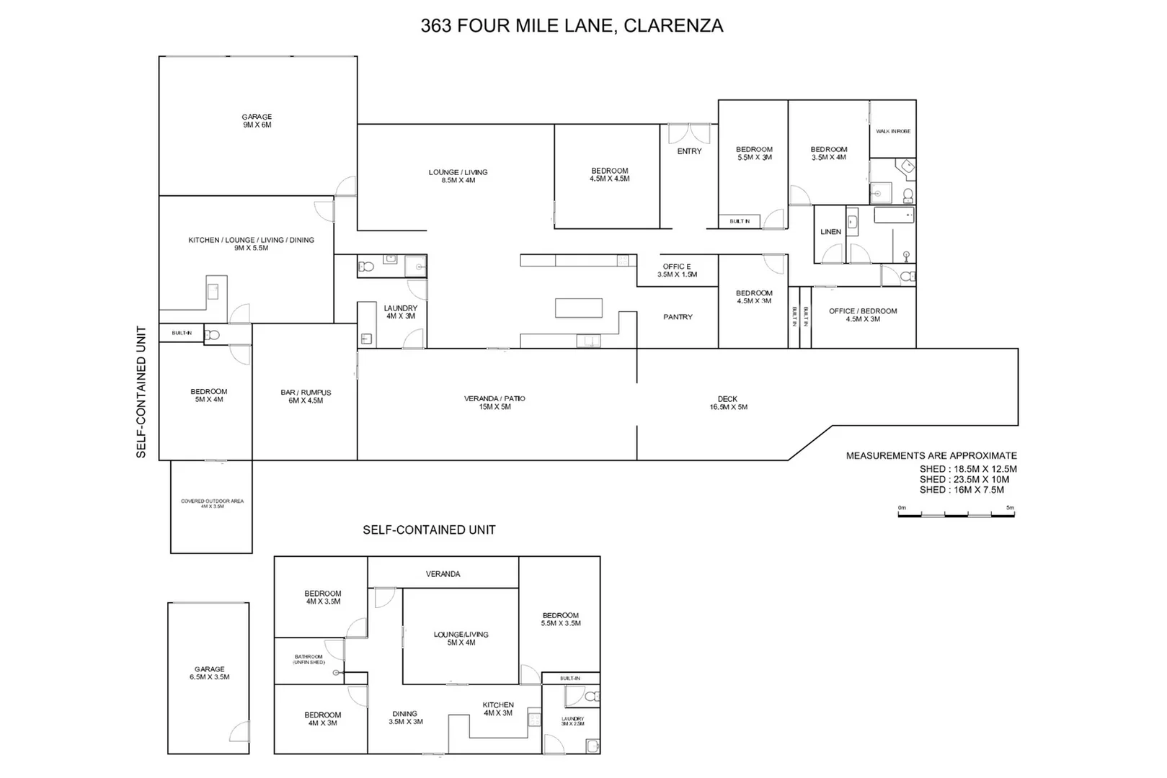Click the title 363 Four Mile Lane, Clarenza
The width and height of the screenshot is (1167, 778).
point(572,26)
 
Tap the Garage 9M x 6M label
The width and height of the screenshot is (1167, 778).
point(257,121)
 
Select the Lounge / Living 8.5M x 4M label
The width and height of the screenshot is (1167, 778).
point(458,176)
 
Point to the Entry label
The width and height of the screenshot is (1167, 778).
point(689,151)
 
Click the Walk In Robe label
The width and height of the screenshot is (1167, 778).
point(893,131)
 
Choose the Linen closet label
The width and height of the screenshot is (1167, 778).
point(830,232)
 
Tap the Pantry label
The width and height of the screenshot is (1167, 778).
point(678,317)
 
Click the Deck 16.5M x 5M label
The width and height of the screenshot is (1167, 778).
point(728,403)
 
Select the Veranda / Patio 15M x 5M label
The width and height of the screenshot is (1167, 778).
point(494,403)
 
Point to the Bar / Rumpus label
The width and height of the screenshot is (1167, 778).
point(306,397)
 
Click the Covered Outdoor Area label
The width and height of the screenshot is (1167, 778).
point(212,504)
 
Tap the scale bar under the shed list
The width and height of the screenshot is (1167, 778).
point(956,514)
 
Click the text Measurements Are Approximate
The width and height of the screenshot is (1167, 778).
point(931,456)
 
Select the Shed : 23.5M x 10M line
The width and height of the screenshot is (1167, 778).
point(964,479)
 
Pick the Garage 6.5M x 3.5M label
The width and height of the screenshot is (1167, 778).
point(209,674)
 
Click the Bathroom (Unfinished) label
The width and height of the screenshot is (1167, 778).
point(309,660)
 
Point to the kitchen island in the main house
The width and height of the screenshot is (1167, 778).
point(579,308)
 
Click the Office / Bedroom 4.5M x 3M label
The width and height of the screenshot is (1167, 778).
point(863,316)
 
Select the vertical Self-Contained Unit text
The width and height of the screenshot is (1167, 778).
point(141,392)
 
